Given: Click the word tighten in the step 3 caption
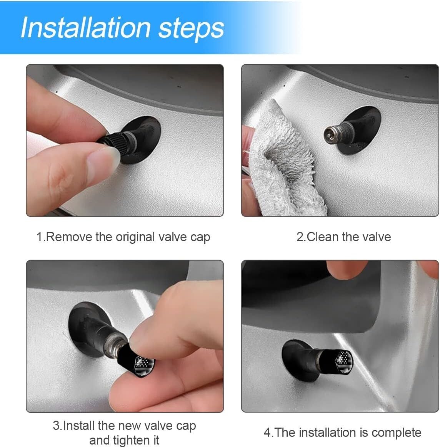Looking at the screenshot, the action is coord(131,440).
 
